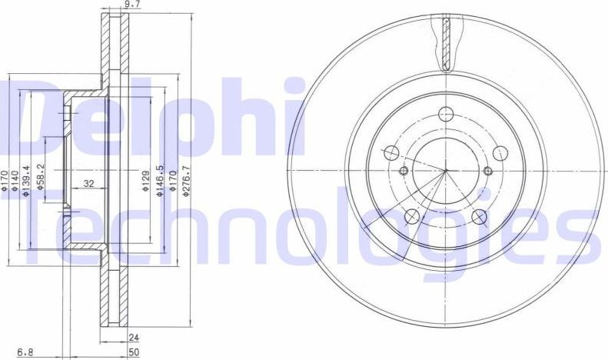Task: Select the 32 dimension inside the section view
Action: (88, 184)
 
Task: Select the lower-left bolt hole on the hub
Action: (411, 216)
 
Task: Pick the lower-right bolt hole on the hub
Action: (480, 216)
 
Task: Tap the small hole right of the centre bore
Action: (488, 169)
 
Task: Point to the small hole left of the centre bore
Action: (404, 169)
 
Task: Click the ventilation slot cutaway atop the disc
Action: (446, 42)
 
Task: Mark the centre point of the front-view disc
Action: (446, 169)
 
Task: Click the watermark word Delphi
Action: (154, 115)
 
